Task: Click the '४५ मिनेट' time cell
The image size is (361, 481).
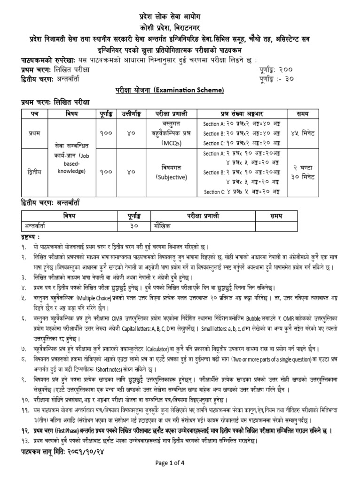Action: pos(325,133)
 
